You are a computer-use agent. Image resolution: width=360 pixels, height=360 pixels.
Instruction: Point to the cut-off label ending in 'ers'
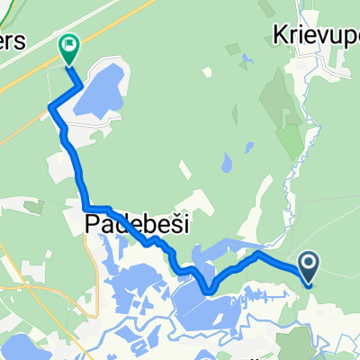coord(16,44)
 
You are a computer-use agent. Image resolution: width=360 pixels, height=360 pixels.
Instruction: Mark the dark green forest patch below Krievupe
coord(288,135)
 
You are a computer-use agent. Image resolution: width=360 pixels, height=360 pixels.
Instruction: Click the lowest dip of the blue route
coord(209,290)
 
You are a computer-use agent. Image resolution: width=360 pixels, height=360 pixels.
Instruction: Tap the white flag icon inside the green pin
coord(69,43)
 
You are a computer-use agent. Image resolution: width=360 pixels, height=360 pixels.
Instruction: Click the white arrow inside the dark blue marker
coord(309,263)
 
